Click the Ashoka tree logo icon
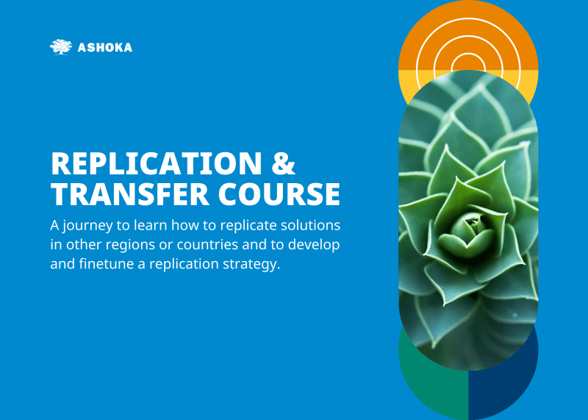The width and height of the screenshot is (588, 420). pos(61,47)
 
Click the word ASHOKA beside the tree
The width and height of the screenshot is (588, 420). pos(105,48)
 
